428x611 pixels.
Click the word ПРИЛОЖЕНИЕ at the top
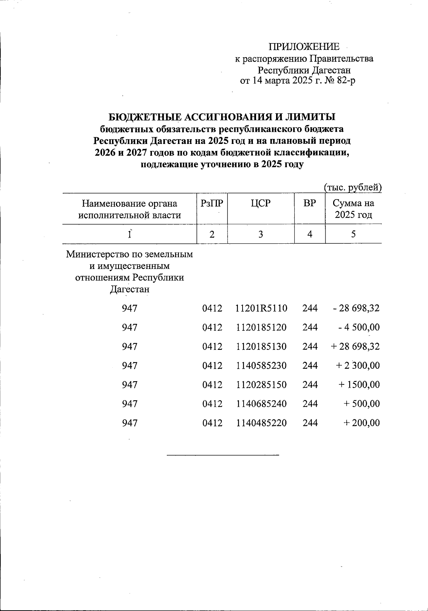tap(304, 47)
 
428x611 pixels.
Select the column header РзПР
tap(212, 203)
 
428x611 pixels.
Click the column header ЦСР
tap(261, 203)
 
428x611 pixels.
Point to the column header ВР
tap(310, 203)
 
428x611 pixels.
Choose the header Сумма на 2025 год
tap(353, 209)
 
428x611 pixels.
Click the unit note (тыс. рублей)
tap(352, 187)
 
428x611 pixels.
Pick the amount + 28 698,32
tap(355, 346)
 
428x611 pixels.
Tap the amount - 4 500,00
tap(359, 327)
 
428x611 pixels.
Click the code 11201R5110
tap(261, 308)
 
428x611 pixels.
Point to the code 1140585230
tap(261, 366)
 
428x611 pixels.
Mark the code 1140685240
tap(261, 404)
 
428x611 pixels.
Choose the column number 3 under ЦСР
tap(261, 234)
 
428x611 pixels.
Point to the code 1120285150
tap(261, 385)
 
